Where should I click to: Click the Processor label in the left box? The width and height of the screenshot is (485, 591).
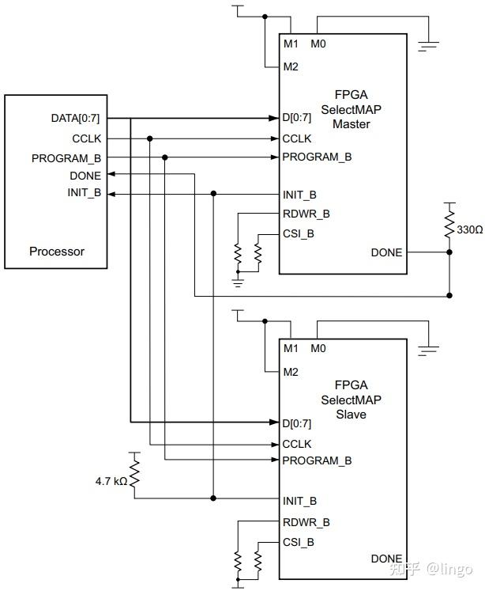[56, 252]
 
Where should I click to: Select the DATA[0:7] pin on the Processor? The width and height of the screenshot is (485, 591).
[75, 119]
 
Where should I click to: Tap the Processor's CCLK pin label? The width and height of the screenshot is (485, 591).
[86, 138]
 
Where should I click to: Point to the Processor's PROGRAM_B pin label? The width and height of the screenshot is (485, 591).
[66, 157]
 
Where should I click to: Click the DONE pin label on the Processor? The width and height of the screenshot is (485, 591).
[85, 176]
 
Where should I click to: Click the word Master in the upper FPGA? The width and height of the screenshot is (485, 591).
[344, 124]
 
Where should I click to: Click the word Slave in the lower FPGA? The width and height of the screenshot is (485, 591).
[344, 414]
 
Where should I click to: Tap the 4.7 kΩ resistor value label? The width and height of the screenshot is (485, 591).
[109, 480]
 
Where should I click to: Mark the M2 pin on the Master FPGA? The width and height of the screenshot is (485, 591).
[290, 66]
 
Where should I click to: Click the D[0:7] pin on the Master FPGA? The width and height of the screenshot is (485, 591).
[297, 119]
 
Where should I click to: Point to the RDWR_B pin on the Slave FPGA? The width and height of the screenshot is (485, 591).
[306, 521]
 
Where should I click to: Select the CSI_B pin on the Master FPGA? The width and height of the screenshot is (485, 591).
[298, 233]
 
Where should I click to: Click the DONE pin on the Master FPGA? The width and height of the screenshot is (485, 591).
[386, 252]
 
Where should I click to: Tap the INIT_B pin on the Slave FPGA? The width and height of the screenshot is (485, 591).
[299, 501]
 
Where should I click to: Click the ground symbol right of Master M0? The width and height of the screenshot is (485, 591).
[428, 44]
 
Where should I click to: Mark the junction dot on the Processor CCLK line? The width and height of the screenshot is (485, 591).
[149, 138]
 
